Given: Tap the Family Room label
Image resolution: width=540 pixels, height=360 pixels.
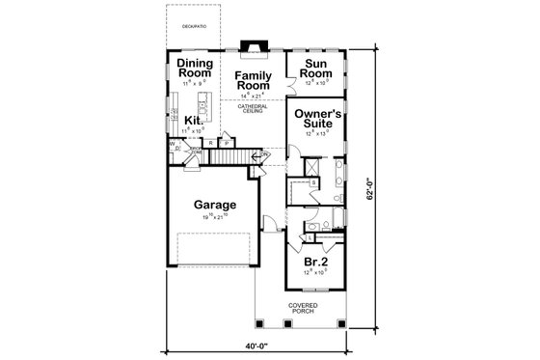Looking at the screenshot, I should click(255, 80).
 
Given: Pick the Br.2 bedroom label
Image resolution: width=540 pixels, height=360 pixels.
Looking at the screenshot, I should click(313, 262).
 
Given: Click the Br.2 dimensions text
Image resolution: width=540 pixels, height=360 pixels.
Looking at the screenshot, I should click(313, 273).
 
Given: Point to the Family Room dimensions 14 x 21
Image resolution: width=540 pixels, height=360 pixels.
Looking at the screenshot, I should click(255, 97).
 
